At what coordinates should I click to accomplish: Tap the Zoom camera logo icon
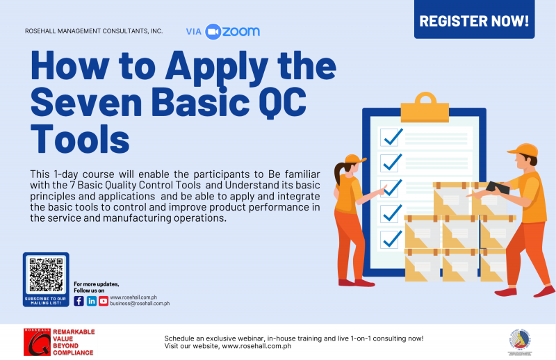[213, 31]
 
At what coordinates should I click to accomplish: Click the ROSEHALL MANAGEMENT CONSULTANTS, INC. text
[94, 31]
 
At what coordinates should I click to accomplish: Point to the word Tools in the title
[80, 140]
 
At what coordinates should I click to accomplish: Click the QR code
[46, 275]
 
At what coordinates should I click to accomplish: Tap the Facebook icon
[79, 301]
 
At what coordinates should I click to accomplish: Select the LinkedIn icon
[92, 301]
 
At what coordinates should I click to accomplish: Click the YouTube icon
[104, 301]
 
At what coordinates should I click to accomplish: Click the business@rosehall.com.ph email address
[140, 304]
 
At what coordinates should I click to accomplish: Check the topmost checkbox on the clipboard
[391, 137]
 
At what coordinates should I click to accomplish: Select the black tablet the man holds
[498, 187]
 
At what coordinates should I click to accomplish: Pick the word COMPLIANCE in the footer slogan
[74, 352]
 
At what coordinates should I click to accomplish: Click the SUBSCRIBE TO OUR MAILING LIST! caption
[46, 300]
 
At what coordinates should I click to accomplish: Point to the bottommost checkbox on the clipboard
[391, 238]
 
